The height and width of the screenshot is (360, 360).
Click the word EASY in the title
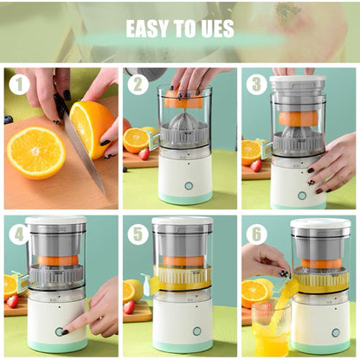tap(147, 29)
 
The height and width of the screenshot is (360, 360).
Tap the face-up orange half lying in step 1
tap(35, 152)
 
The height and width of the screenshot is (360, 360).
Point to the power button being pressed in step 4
tap(61, 331)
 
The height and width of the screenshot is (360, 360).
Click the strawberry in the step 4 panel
tap(12, 301)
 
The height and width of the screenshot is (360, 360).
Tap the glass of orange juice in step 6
tap(270, 327)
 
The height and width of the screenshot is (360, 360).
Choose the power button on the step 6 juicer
tap(335, 332)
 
